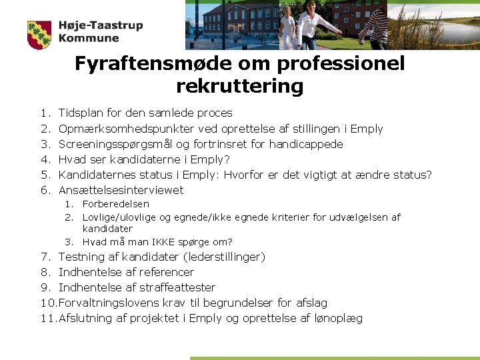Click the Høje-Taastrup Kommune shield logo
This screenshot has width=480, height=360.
pos(39,35)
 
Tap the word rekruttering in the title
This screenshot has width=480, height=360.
pos(240,87)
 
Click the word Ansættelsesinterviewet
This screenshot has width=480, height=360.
pos(121,190)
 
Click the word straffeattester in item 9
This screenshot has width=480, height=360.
pos(180,287)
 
